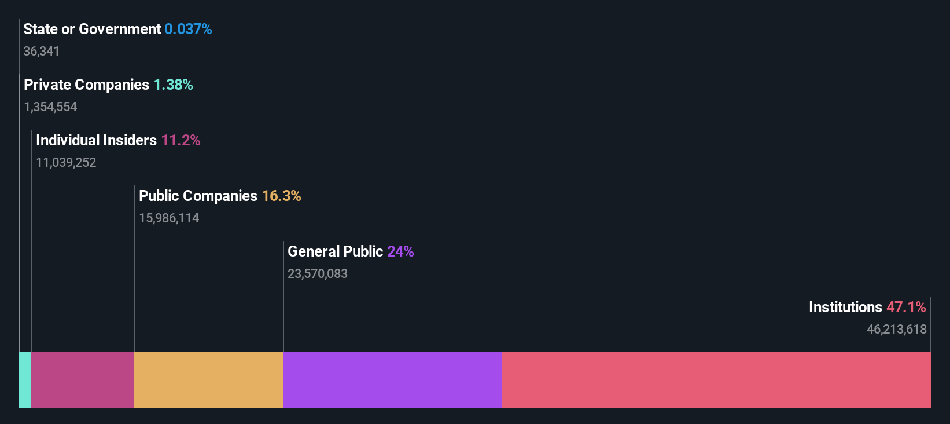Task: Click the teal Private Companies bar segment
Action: click(25, 380)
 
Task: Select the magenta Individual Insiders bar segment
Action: click(83, 380)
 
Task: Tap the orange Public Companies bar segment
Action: click(208, 380)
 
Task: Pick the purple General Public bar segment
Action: click(392, 380)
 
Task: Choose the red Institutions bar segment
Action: click(716, 380)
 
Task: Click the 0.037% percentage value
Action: click(188, 29)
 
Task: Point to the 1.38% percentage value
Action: click(173, 85)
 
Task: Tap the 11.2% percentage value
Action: click(181, 140)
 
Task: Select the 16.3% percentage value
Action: click(281, 196)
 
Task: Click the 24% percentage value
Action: click(400, 251)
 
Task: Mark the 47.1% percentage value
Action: click(906, 307)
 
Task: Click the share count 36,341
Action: click(41, 52)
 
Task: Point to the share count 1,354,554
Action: click(50, 107)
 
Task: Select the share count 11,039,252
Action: click(66, 163)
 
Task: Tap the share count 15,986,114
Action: click(169, 218)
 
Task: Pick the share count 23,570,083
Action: click(318, 274)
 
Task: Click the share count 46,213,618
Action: click(896, 330)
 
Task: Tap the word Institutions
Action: click(845, 307)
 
